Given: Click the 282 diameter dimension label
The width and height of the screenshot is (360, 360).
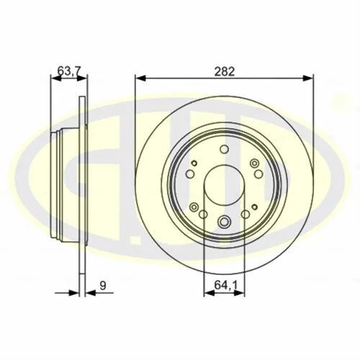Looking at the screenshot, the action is coord(225,71).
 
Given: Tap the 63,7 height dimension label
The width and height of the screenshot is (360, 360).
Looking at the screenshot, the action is coord(69,71).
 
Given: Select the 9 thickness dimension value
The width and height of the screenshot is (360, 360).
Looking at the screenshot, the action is coord(103,286).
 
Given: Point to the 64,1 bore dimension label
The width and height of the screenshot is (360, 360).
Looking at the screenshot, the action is coord(225,285).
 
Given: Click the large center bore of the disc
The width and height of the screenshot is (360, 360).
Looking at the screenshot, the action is coord(224,185).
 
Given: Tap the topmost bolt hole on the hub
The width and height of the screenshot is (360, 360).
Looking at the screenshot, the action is coord(224,149).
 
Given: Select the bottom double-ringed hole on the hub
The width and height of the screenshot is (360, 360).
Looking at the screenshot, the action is coord(224,221).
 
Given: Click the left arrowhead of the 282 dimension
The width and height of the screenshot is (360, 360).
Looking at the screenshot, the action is coord(140,78).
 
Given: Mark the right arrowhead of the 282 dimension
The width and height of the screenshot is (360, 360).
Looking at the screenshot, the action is coord(308,78).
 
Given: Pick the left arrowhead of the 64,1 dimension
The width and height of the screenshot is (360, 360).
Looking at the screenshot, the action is coord(209,293).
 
